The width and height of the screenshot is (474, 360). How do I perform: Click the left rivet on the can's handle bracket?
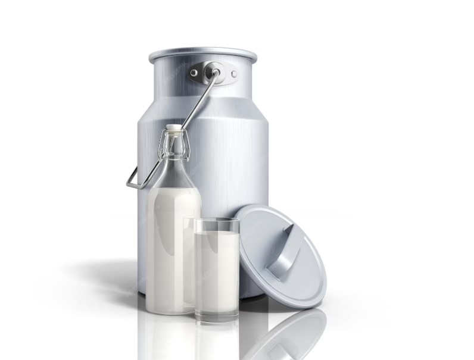(194, 73)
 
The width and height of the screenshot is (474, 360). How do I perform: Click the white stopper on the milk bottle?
(173, 127)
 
